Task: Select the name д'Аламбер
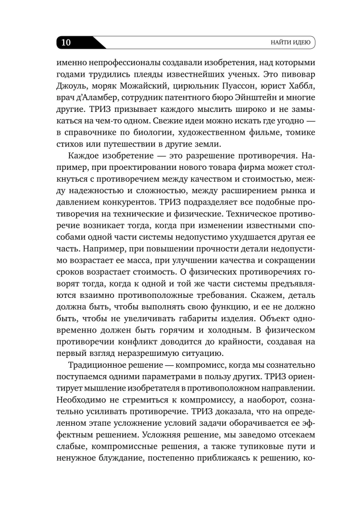tap(94, 98)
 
